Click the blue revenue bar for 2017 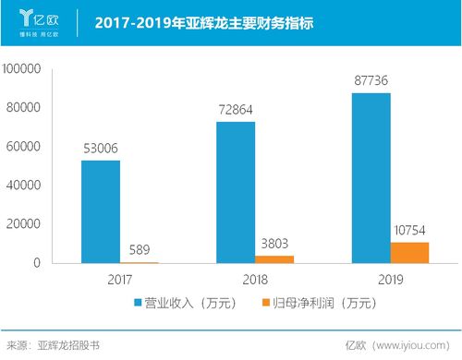pos(101,212)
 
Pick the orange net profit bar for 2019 pos(410,253)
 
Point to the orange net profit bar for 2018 pos(274,259)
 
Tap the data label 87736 pos(371,82)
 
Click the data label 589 pos(140,250)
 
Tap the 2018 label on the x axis pos(255,278)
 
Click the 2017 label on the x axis pos(120,278)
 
